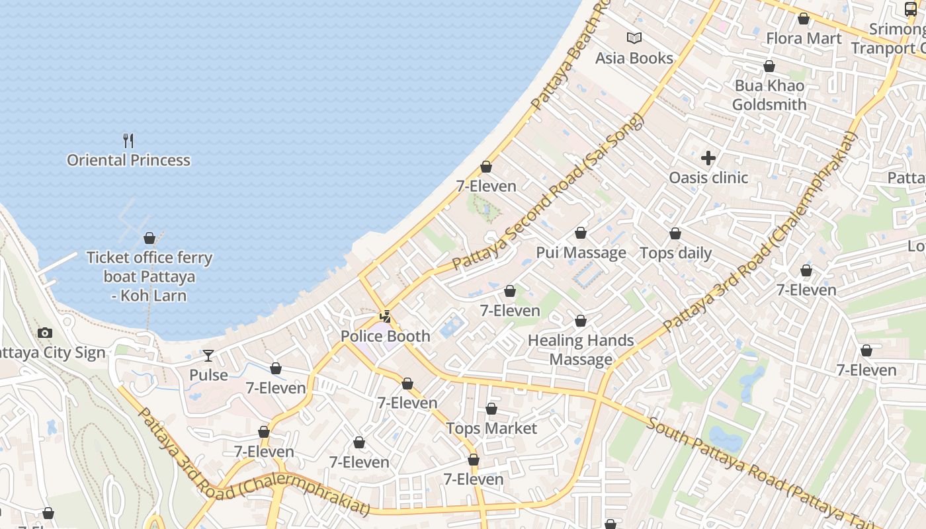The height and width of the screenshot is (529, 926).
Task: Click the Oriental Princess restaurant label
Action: [x=128, y=160]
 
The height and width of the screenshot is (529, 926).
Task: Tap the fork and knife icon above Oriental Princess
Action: [x=128, y=140]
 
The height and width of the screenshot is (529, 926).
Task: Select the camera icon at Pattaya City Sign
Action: [x=45, y=333]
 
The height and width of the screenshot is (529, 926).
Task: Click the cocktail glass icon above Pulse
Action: [x=208, y=356]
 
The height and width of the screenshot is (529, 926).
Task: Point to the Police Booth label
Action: [x=385, y=336]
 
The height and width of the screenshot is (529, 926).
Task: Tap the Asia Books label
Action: [x=634, y=58]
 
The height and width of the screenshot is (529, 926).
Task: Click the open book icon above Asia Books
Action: [x=634, y=38]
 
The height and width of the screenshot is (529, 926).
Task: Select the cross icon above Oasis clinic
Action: [x=708, y=158]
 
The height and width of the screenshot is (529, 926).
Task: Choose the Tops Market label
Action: [x=491, y=428]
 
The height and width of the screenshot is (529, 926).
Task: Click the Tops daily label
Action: [x=675, y=253]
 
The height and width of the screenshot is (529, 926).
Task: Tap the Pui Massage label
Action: [x=581, y=253]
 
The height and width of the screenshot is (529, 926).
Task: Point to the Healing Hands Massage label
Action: [x=581, y=350]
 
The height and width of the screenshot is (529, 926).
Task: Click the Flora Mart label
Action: [x=804, y=38]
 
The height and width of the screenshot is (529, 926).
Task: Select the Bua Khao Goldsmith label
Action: [x=769, y=95]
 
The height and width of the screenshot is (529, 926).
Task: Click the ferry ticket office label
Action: [x=149, y=276]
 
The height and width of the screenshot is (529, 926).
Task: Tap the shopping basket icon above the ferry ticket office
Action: [x=149, y=238]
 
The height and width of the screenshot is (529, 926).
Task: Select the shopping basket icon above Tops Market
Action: [x=491, y=409]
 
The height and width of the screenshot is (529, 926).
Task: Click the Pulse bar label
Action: [x=208, y=375]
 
